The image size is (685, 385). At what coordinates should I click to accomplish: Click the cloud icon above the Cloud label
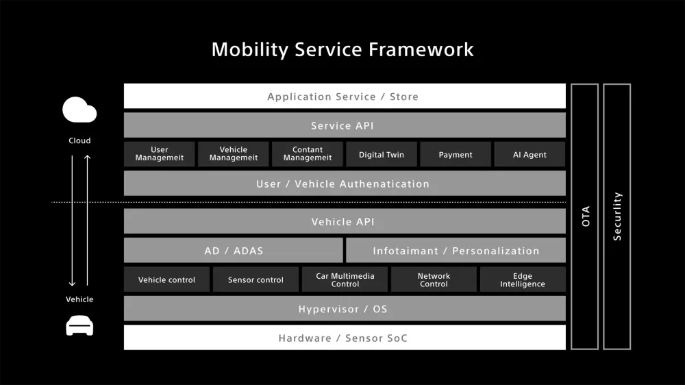[79, 110]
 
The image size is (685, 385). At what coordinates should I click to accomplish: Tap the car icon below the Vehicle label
[79, 325]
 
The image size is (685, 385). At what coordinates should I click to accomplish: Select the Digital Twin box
[382, 155]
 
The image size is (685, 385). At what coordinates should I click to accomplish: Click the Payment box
[456, 155]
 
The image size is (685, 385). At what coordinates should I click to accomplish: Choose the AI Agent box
[530, 155]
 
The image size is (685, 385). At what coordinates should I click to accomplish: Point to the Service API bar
[345, 125]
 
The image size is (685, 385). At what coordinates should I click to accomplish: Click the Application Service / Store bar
[345, 97]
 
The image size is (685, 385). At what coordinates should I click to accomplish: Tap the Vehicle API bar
[345, 222]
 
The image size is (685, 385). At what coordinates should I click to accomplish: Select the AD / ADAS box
[234, 251]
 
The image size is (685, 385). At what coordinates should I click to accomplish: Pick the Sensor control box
[256, 280]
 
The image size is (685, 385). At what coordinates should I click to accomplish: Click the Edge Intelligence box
[523, 280]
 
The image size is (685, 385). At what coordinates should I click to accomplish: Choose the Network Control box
[434, 280]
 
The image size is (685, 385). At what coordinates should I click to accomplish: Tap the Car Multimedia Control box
[345, 280]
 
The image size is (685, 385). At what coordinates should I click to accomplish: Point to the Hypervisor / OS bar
[345, 309]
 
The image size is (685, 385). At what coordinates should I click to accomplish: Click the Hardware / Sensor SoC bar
[345, 338]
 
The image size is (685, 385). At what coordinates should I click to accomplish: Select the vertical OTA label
[585, 216]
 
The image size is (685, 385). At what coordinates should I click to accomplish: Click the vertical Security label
[617, 216]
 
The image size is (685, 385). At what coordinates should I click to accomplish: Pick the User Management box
[160, 155]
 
